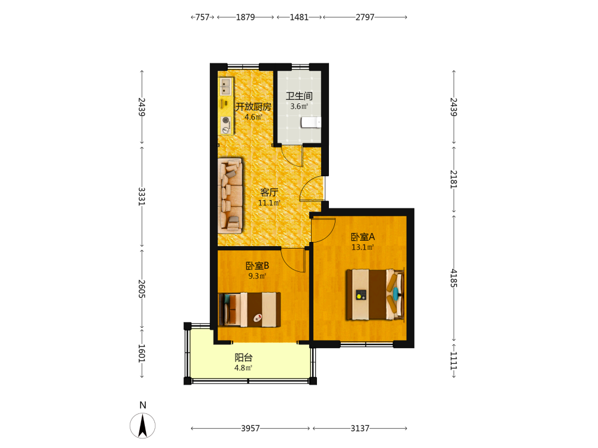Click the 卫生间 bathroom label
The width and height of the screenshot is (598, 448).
[299, 96]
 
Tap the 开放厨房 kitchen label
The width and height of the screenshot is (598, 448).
[253, 107]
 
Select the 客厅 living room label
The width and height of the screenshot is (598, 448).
[269, 192]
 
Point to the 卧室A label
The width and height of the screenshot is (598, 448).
[363, 237]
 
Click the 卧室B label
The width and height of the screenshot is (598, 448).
[257, 266]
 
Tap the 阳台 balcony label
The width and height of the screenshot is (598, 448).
[243, 358]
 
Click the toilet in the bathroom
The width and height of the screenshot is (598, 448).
[311, 122]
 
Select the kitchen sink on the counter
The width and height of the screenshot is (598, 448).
[225, 87]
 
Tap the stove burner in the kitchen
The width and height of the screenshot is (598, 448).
[226, 121]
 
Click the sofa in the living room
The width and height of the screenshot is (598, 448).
[230, 195]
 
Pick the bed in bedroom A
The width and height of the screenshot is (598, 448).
[375, 294]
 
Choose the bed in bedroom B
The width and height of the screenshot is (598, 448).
[249, 309]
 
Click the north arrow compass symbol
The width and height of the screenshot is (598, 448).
[143, 425]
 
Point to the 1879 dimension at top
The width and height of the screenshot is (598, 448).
[245, 17]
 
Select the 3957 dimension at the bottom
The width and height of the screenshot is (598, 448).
[250, 428]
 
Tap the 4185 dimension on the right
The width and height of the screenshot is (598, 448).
[453, 278]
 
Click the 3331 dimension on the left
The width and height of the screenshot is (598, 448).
[142, 196]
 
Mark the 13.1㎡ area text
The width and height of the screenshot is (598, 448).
[363, 247]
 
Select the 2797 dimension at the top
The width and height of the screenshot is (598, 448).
[365, 17]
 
